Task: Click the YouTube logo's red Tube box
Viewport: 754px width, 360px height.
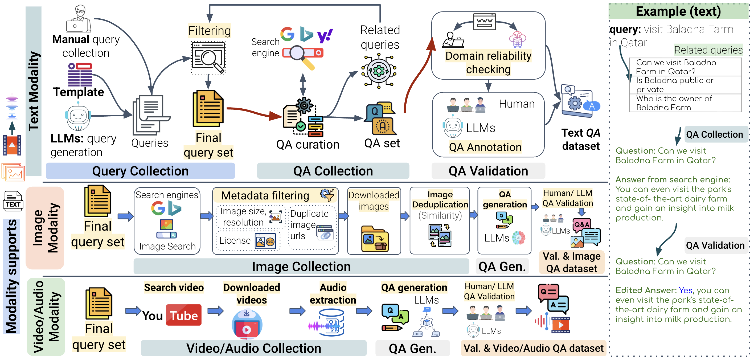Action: pos(183,315)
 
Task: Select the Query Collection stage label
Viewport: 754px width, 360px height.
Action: pos(140,171)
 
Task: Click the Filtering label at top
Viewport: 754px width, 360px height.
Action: pos(209,31)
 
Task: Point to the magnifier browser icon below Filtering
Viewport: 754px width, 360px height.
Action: pos(208,57)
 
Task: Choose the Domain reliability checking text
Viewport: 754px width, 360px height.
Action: pos(488,62)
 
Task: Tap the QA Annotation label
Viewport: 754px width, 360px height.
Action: pos(485,147)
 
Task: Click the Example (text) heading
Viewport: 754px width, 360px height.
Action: pos(678,12)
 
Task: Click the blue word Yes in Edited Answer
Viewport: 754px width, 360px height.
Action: pos(685,290)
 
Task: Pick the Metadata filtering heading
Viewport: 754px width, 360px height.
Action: pos(265,195)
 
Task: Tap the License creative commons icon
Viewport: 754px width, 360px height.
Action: pos(265,242)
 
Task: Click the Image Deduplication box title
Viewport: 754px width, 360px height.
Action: pos(440,199)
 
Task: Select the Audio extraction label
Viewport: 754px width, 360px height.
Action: pos(333,293)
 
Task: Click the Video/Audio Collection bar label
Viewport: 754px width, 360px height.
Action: pos(253,348)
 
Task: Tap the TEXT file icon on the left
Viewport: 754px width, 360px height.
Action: pos(13,201)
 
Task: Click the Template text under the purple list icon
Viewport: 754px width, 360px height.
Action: pos(79,92)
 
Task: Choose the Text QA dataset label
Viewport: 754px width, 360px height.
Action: pos(581,139)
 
